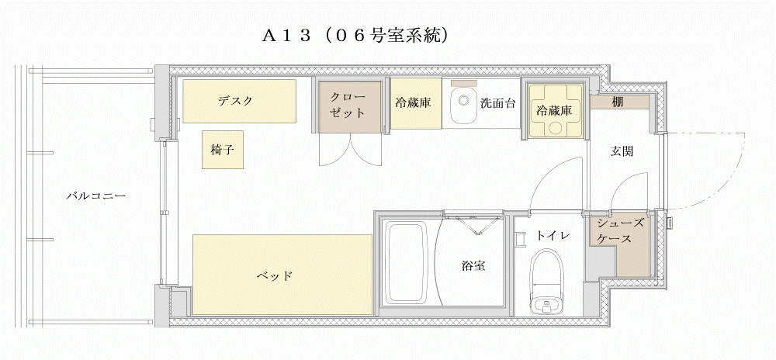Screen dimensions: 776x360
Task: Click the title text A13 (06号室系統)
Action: coord(355,36)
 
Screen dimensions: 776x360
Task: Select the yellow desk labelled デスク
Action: coord(240,101)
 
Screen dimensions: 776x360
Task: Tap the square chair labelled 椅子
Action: coord(223,150)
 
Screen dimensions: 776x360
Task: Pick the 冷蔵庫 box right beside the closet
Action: coord(415,103)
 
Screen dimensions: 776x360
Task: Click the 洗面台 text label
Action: coord(498,103)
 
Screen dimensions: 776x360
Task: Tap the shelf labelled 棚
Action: coord(619,102)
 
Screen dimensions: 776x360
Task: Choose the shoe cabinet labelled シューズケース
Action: coord(619,244)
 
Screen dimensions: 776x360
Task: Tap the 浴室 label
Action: coord(473,266)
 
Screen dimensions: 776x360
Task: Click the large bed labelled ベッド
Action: coord(282,275)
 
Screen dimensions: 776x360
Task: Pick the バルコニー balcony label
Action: coord(96,196)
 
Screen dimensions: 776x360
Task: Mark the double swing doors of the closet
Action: coord(351,150)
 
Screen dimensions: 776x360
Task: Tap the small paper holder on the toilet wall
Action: coord(520,240)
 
